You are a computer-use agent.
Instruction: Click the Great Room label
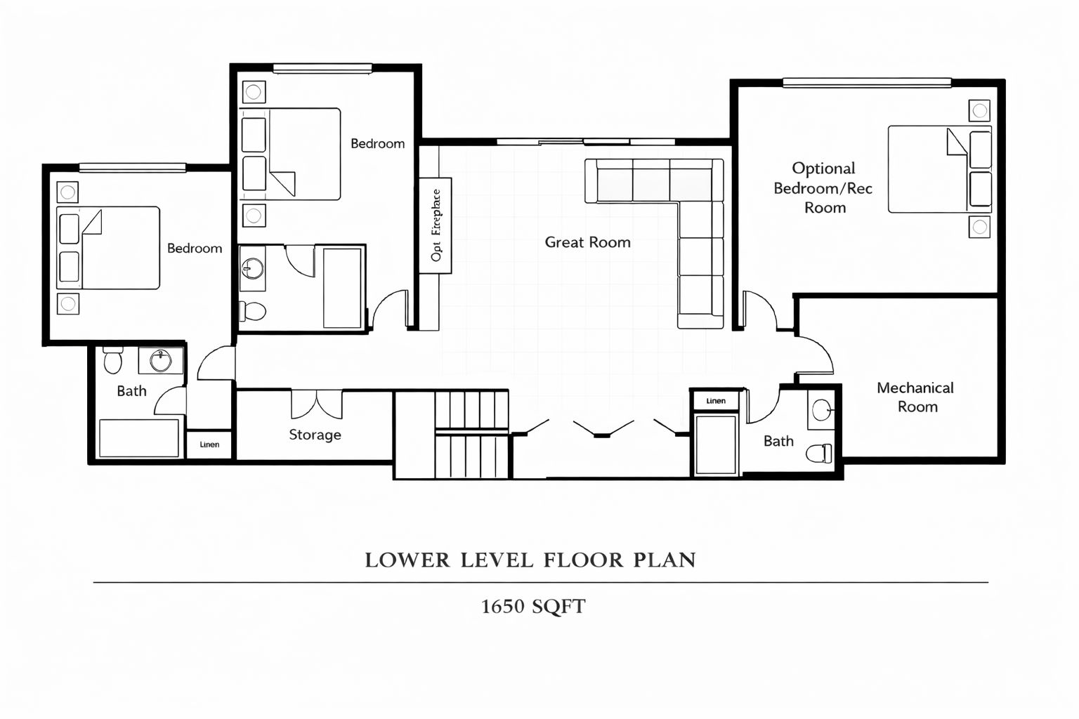(588, 242)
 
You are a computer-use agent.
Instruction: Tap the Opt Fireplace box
(435, 225)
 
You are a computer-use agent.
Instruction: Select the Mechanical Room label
(915, 397)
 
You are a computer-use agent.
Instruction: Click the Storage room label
(315, 435)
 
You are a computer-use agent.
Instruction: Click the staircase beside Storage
(471, 435)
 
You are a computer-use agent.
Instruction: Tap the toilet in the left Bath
(112, 359)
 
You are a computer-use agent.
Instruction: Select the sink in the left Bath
(160, 360)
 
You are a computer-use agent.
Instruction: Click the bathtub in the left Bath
(139, 438)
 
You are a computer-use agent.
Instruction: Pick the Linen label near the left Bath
(209, 444)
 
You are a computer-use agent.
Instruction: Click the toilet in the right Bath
(819, 453)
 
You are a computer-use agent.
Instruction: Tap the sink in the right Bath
(821, 410)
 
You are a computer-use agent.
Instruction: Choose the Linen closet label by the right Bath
(716, 401)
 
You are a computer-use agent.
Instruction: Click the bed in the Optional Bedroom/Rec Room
(940, 169)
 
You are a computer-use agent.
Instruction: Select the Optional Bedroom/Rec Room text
(823, 187)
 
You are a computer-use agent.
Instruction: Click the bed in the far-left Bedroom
(108, 248)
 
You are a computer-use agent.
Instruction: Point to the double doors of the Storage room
(317, 404)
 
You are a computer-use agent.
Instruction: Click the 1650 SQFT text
(534, 607)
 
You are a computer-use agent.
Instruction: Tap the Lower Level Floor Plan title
(530, 560)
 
